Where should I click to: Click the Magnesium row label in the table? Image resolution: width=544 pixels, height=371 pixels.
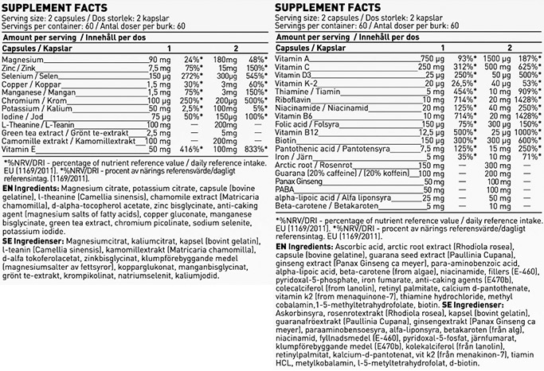pyautogui.click(x=22, y=60)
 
